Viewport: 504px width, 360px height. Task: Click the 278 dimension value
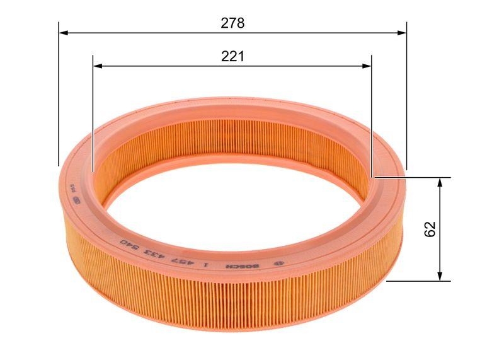[x=232, y=23]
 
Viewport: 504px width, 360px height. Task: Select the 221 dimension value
[x=232, y=57]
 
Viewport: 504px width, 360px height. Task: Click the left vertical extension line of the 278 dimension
[x=59, y=95]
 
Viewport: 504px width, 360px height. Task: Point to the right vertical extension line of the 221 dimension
[x=371, y=113]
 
